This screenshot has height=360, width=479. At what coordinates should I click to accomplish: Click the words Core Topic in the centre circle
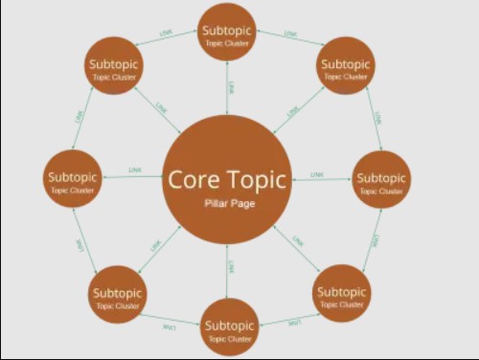pos(227,179)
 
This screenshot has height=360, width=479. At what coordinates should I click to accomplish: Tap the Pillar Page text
pos(227,204)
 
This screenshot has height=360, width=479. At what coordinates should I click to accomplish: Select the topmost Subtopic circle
pos(227,34)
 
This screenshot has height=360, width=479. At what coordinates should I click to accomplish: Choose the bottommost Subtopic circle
pos(229,327)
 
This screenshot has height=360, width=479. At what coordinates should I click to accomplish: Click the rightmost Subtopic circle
pos(382,181)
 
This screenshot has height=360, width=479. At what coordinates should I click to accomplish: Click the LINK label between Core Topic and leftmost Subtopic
pos(135,170)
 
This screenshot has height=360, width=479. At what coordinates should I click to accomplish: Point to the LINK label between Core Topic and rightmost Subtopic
pos(317,174)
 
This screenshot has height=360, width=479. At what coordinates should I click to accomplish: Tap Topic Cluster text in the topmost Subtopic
pos(227,44)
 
